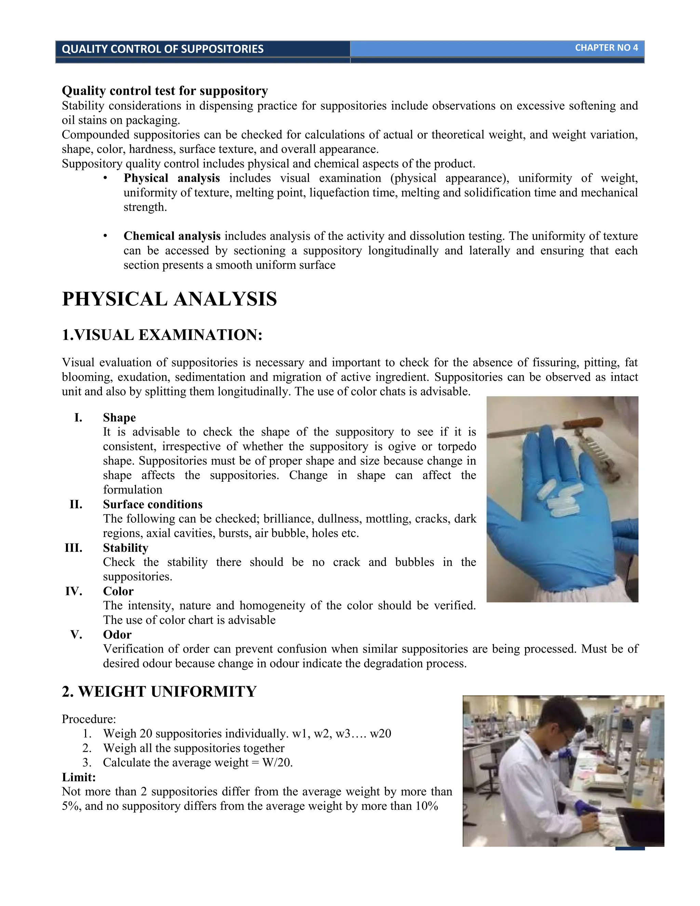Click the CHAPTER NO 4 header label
606,48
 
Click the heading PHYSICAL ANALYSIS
169,299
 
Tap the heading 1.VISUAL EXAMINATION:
162,335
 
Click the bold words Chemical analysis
172,236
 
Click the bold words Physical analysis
172,178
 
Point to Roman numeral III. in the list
74,548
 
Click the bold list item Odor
117,634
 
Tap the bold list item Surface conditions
152,504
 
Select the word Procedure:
89,719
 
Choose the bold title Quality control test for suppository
165,91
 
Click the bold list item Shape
119,417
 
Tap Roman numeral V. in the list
76,634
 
